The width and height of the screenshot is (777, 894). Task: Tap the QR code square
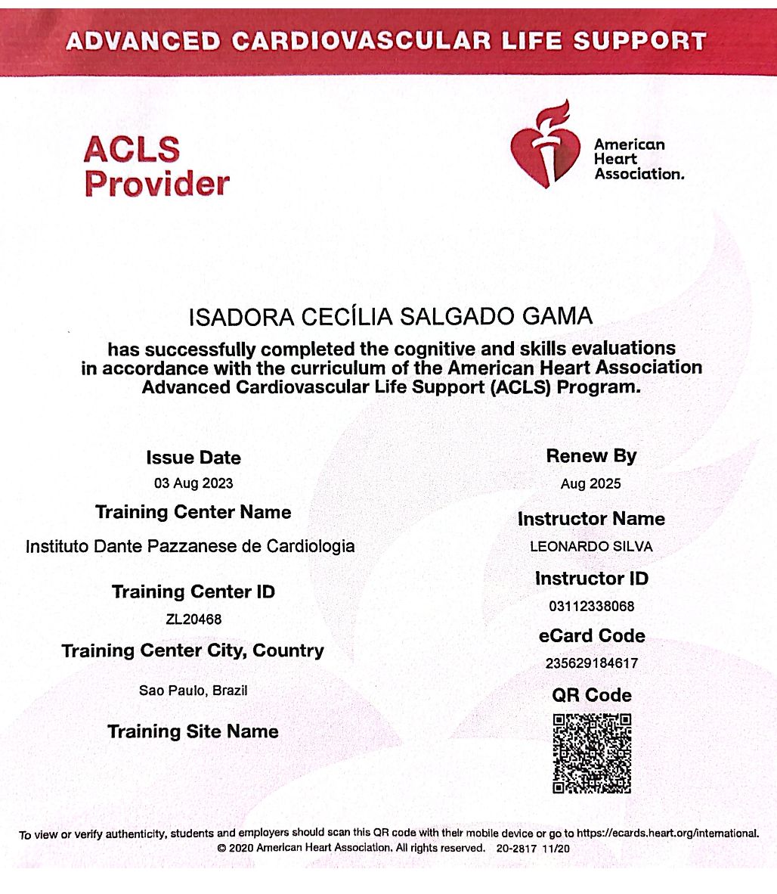click(x=592, y=753)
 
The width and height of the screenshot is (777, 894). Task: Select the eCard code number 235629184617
click(x=592, y=663)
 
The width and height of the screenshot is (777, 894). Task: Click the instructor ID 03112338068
click(x=592, y=606)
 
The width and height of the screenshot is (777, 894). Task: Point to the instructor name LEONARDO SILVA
click(x=591, y=546)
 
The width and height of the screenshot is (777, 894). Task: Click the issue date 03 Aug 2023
click(x=193, y=483)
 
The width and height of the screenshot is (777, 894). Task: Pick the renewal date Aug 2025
click(x=591, y=484)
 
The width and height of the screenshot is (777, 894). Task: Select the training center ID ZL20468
click(x=193, y=619)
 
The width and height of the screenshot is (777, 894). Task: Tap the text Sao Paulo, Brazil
click(x=193, y=691)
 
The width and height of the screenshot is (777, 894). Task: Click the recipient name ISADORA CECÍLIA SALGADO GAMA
click(x=390, y=316)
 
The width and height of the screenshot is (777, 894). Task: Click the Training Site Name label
click(x=193, y=731)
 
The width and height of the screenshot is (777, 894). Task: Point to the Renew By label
click(x=591, y=456)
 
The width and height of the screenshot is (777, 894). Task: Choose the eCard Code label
click(x=592, y=636)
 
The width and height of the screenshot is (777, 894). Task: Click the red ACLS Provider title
click(x=156, y=166)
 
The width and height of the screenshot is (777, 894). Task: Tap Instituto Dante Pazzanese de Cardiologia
click(x=190, y=546)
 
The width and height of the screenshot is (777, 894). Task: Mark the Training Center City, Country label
click(x=193, y=650)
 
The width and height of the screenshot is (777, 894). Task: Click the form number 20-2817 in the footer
click(x=516, y=849)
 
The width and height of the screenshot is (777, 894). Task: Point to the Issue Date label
click(x=193, y=458)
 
